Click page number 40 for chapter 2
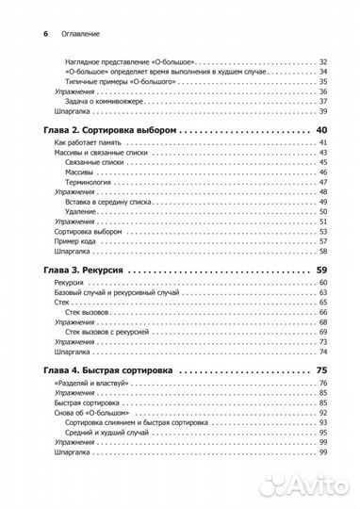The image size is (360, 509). [319, 128]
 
